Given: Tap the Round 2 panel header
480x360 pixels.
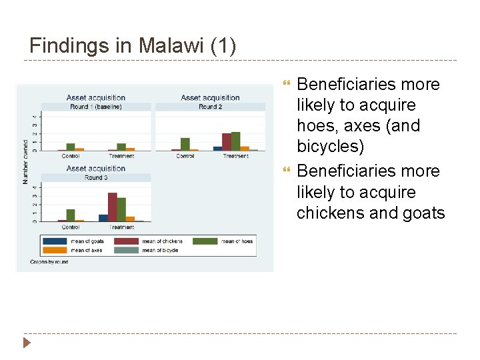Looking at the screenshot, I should click(x=210, y=107).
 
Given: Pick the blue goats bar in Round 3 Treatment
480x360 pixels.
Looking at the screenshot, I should click(x=103, y=217).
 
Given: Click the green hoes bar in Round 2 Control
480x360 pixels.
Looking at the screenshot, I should click(x=185, y=144).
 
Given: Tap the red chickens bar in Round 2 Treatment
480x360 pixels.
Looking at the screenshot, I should click(x=227, y=142).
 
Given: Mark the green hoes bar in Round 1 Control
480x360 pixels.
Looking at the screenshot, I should click(x=71, y=147).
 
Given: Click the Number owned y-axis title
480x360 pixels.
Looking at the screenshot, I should click(x=26, y=162).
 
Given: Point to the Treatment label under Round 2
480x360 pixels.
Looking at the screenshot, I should click(x=235, y=156).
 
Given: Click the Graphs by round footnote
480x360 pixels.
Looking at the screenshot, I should click(x=49, y=262).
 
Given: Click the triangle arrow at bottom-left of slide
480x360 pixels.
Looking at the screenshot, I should click(x=27, y=343).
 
